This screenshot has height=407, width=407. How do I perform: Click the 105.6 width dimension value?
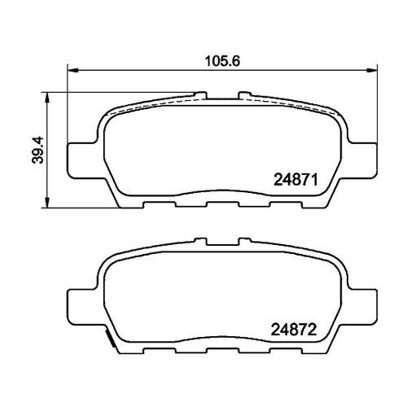[x=222, y=61]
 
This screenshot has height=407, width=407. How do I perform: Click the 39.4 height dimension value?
[x=37, y=150]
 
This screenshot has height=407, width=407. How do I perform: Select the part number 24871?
[x=295, y=180]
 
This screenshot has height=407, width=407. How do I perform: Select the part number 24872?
[x=294, y=330]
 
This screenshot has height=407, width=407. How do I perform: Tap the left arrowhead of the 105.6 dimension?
[x=72, y=71]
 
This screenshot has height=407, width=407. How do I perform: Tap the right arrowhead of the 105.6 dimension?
[x=371, y=71]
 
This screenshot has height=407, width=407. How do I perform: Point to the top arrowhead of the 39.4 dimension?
[x=48, y=98]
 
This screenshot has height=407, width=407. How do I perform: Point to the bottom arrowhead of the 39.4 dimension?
[x=48, y=203]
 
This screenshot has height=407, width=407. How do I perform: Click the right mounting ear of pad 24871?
[x=361, y=160]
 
